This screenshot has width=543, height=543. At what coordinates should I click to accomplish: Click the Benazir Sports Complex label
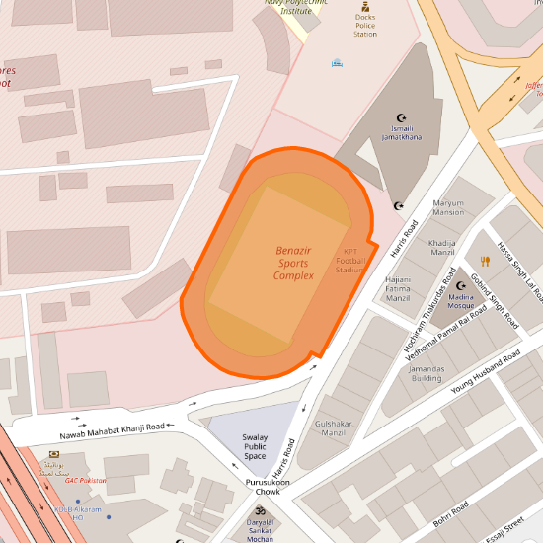click(x=293, y=264)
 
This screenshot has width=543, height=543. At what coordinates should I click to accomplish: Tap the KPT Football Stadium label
click(x=350, y=260)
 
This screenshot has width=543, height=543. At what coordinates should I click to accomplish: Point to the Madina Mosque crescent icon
click(x=460, y=285)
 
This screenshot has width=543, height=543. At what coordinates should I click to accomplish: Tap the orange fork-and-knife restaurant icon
click(x=485, y=262)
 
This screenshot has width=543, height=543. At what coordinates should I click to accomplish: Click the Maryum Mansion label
click(x=447, y=207)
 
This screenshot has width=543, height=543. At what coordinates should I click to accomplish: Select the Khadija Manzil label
click(x=442, y=247)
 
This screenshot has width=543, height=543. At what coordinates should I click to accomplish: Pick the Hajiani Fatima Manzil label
click(x=397, y=288)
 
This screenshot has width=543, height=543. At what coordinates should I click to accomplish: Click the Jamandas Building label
click(x=427, y=372)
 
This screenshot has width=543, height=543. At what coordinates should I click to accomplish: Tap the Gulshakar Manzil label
click(x=334, y=427)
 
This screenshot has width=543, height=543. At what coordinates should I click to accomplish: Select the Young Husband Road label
click(x=485, y=373)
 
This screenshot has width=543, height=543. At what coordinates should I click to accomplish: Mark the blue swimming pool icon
click(x=337, y=62)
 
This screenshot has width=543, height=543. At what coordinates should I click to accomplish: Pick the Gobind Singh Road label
click(x=495, y=301)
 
